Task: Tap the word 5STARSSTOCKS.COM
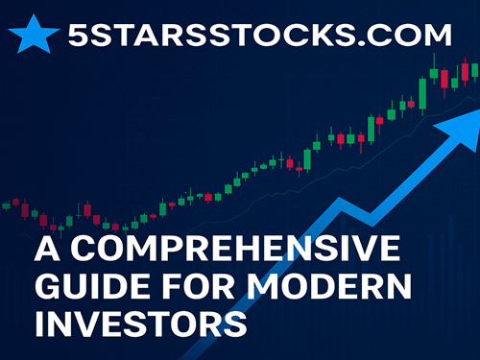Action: point(260,37)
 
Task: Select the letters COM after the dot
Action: point(417,37)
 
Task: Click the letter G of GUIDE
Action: point(49,286)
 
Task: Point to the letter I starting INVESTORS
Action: point(38,321)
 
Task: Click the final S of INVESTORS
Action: point(235,321)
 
